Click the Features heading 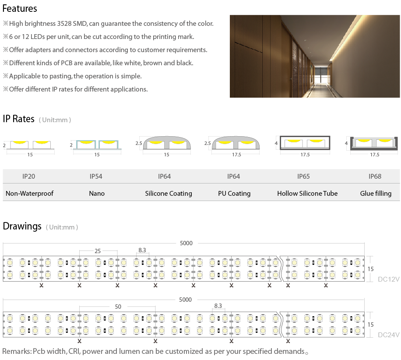20,8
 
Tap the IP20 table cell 28,176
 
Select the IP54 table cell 96,176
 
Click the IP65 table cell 303,176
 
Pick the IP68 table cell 375,176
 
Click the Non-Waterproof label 29,194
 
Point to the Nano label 97,194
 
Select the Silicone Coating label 169,194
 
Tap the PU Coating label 234,194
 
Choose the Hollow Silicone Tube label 307,194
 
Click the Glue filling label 376,194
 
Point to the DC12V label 388,279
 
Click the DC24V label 388,335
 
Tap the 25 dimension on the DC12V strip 98,251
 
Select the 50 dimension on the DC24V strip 118,307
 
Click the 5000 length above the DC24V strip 186,300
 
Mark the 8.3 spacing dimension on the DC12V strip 142,250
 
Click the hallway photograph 315,56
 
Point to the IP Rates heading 18,119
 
